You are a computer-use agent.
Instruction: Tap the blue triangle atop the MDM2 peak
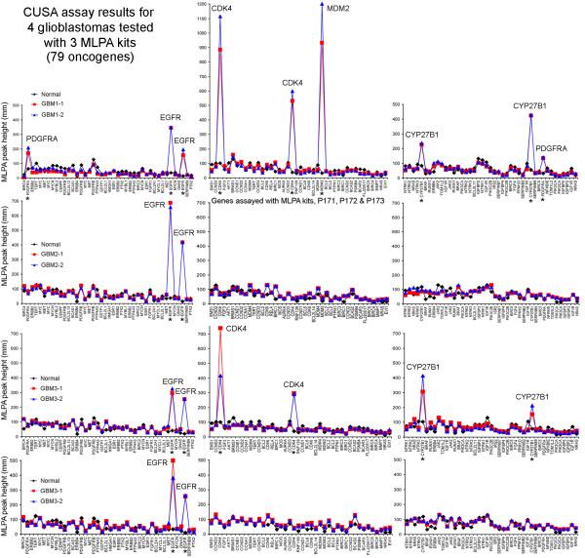point(322,4)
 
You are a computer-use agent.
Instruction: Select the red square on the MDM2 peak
point(322,43)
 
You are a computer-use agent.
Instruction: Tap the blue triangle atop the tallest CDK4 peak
point(220,17)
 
